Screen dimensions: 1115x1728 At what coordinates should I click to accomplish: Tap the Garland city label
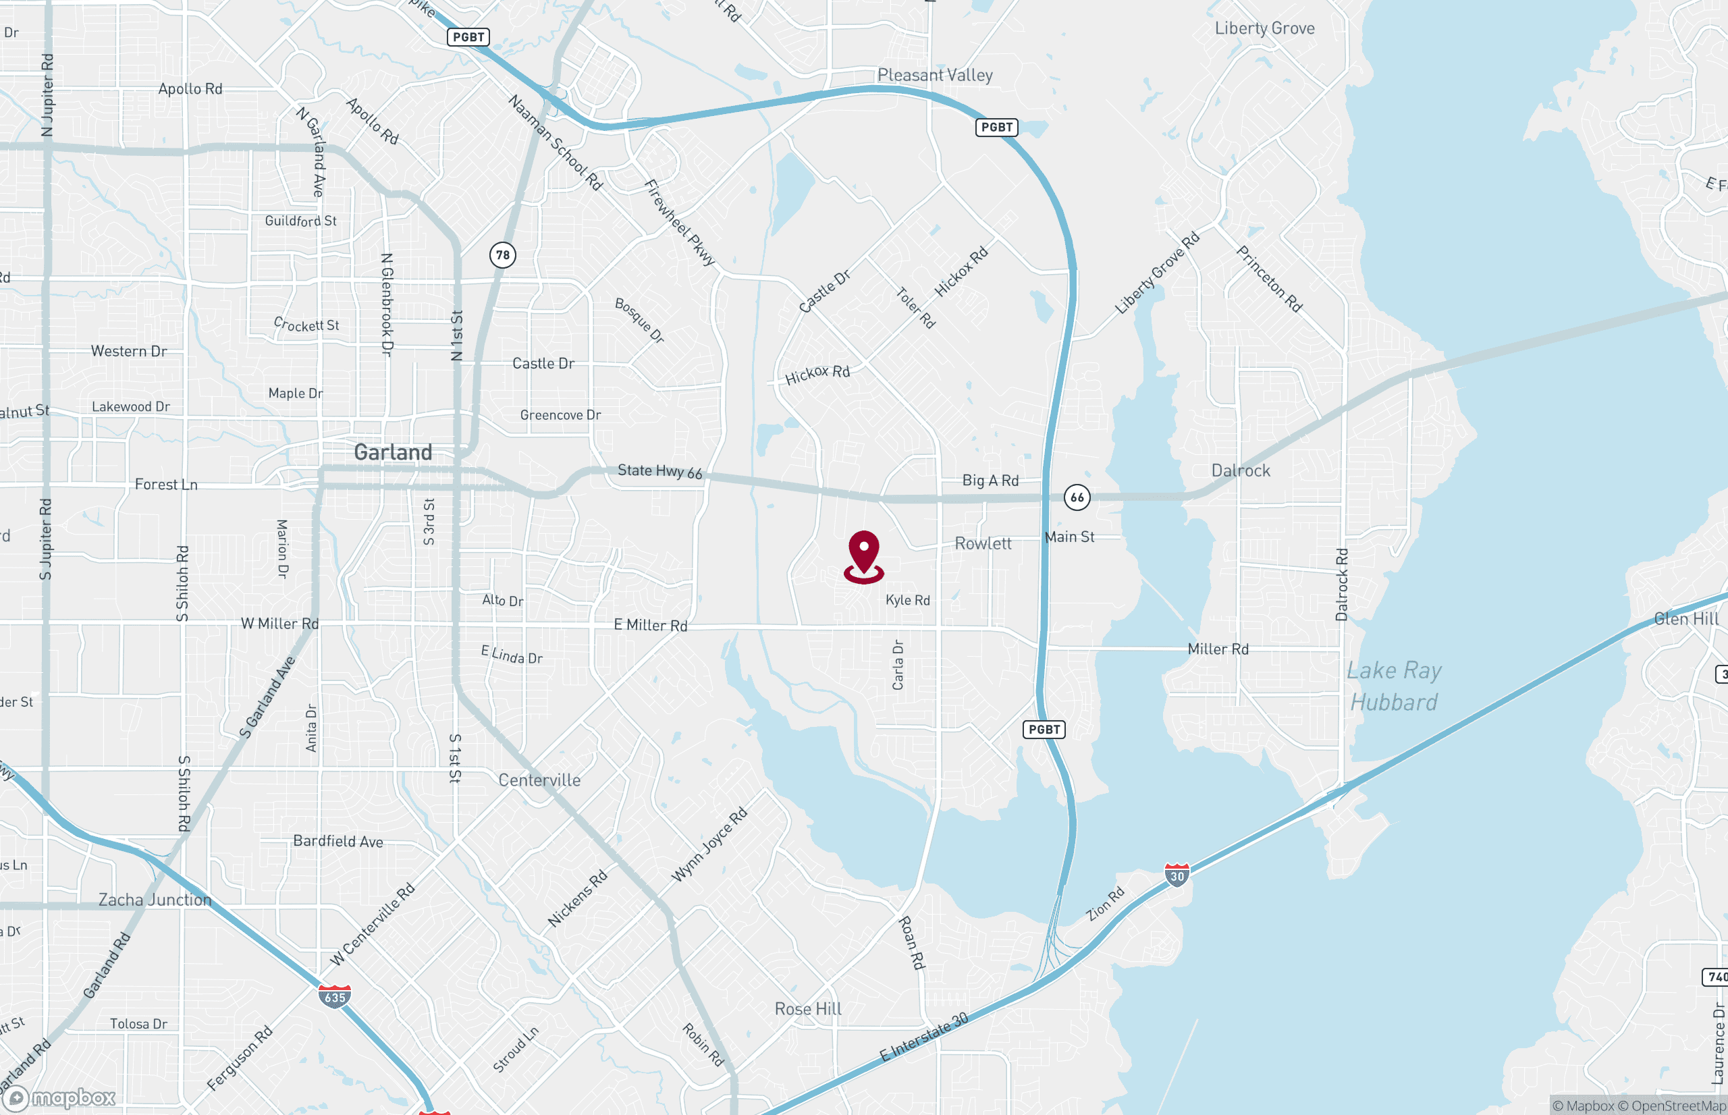[393, 452]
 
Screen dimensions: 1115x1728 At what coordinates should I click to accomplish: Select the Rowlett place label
[982, 543]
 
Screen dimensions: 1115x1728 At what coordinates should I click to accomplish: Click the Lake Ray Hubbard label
[1394, 686]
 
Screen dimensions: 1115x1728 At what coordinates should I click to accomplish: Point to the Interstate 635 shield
[334, 996]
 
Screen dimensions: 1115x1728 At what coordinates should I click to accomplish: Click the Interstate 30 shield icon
[1177, 875]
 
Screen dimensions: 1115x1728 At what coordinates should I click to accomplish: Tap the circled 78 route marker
[502, 255]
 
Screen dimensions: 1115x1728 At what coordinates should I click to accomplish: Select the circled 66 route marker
[1077, 497]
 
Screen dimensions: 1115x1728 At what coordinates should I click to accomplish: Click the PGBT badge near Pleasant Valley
[997, 128]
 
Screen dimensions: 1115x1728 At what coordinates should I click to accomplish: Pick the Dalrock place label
[1241, 470]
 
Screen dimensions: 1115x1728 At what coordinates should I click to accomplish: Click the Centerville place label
[539, 780]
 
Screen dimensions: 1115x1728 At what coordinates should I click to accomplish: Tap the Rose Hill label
[808, 1008]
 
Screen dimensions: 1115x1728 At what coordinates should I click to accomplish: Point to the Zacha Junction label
[155, 899]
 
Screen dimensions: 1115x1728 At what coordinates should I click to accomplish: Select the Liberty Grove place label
[1265, 28]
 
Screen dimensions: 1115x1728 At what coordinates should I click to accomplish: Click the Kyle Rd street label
[908, 600]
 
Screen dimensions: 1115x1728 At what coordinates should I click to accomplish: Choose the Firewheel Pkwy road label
[680, 222]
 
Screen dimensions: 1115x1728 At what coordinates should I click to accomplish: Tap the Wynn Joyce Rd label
[709, 845]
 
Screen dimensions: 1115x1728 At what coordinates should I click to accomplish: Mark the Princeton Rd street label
[1269, 279]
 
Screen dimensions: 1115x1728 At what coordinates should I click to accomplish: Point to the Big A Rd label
[990, 480]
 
